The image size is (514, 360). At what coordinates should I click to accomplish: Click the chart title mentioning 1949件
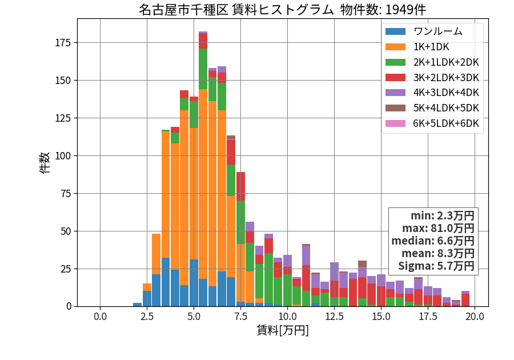pos(282,10)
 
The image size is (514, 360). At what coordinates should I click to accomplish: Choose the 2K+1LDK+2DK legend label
pos(446,62)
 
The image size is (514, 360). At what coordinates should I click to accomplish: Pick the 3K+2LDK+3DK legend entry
pos(446,78)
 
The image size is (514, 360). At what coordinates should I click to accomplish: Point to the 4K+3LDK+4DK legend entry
pos(446,93)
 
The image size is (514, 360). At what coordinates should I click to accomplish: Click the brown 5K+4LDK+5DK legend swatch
pos(395,108)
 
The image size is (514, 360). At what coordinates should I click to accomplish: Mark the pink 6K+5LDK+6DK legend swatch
pos(395,123)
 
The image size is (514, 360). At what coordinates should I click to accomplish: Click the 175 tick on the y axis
pos(63,43)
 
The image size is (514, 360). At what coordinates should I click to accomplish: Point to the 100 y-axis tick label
pos(63,156)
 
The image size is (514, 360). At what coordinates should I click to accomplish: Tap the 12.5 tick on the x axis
pos(334,317)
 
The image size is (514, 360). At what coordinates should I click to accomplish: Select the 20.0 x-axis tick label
pos(475,317)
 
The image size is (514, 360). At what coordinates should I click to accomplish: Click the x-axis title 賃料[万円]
pos(283,330)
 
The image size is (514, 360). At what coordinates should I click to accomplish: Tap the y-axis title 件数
pos(45,163)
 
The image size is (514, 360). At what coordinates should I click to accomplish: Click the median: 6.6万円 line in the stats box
pos(433,241)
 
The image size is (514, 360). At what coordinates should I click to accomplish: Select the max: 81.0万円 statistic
pos(438,228)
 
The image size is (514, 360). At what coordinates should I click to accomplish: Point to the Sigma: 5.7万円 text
pos(436,266)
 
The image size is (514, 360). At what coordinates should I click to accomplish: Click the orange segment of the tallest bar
pos(203,184)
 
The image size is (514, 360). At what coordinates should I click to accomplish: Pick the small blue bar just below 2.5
pos(137,305)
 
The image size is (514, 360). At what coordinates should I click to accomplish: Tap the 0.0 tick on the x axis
pos(100,317)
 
